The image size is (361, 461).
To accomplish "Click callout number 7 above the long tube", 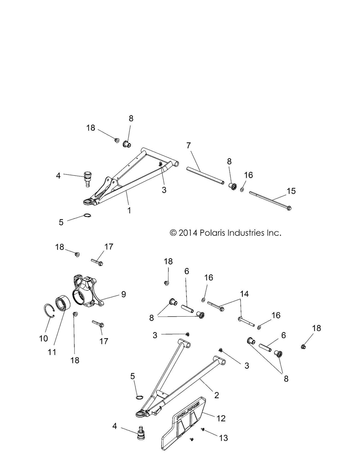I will tap(188, 146).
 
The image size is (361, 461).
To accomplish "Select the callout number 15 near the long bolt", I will tap(291, 191).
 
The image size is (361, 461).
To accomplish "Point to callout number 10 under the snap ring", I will tap(44, 338).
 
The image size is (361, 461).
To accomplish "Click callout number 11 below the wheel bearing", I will tap(52, 352).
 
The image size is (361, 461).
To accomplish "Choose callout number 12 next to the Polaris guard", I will tap(221, 418).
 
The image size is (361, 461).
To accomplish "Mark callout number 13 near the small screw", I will tap(224, 438).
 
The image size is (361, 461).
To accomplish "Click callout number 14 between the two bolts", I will tap(244, 294).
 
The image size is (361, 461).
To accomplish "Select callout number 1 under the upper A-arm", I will tap(129, 211).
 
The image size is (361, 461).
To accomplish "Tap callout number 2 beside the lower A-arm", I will tap(216, 395).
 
